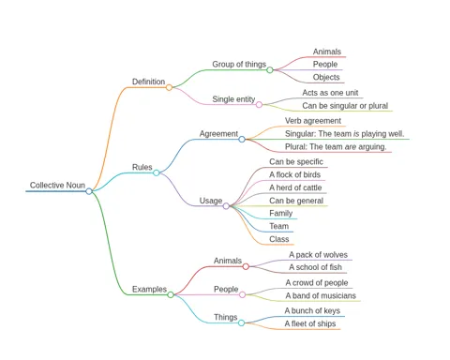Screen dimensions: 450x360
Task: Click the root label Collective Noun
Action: (57, 185)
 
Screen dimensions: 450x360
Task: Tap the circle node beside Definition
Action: (169, 87)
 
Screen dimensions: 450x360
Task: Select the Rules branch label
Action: (142, 167)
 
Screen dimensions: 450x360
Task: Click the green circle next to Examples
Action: (171, 294)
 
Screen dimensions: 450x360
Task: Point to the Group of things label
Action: (239, 64)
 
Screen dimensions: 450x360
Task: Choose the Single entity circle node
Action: (259, 105)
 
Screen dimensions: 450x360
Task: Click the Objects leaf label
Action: (326, 77)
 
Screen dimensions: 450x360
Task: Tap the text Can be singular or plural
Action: (345, 106)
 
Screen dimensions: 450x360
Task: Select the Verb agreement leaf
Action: (313, 121)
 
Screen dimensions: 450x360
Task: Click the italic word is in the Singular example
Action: (356, 134)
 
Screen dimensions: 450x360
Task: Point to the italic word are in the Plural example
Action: (351, 146)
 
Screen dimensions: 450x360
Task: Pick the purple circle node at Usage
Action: (226, 206)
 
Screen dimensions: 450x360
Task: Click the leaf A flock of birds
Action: (294, 174)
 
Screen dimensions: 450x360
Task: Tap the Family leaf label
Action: (281, 213)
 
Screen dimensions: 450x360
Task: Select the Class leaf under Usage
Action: (279, 239)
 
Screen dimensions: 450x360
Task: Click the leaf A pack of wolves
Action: (318, 255)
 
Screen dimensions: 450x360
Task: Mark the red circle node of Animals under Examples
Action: (246, 266)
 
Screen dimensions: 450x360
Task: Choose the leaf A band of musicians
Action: (321, 295)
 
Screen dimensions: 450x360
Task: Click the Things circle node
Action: (241, 322)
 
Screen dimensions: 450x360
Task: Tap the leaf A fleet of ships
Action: (310, 323)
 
